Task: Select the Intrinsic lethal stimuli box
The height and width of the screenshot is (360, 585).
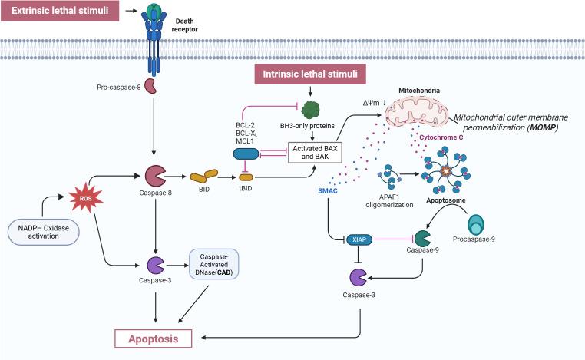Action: pos(310,74)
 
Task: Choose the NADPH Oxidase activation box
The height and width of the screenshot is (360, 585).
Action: pos(47,230)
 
